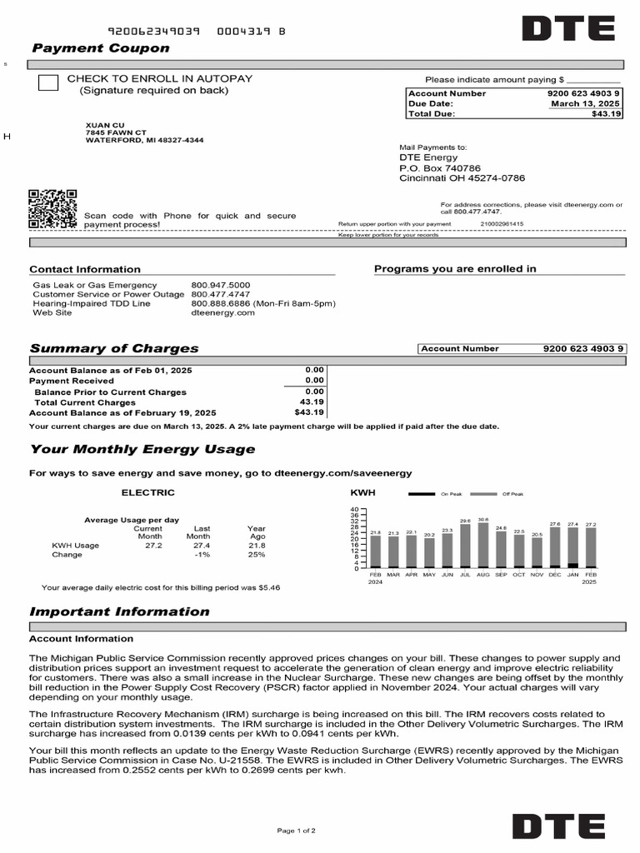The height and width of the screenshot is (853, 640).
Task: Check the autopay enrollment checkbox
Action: (x=49, y=82)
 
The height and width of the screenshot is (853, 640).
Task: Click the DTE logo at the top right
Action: (x=567, y=29)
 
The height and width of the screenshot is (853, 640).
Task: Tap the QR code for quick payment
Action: (x=53, y=209)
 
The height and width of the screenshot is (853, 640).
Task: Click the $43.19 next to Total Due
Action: (x=607, y=114)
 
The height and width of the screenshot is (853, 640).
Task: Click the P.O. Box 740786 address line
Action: (x=440, y=168)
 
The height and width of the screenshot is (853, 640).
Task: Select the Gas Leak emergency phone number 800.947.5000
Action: (x=220, y=286)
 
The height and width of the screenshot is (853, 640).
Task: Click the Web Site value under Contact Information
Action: (x=212, y=313)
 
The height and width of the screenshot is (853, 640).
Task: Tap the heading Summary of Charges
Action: (x=114, y=349)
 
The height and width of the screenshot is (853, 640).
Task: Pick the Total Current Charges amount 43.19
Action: (x=312, y=402)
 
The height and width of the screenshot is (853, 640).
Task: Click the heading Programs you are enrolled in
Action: (x=455, y=269)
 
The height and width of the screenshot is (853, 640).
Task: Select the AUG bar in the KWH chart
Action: (x=483, y=546)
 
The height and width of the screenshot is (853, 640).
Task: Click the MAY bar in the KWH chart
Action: (x=429, y=553)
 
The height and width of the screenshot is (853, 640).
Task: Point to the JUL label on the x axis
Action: (x=465, y=575)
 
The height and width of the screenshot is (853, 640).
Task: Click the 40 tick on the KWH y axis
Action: (x=353, y=510)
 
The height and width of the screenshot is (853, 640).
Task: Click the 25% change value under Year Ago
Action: (x=256, y=555)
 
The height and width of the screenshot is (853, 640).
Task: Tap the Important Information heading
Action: (x=119, y=612)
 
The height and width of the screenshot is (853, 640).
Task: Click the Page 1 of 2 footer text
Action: (x=296, y=831)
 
